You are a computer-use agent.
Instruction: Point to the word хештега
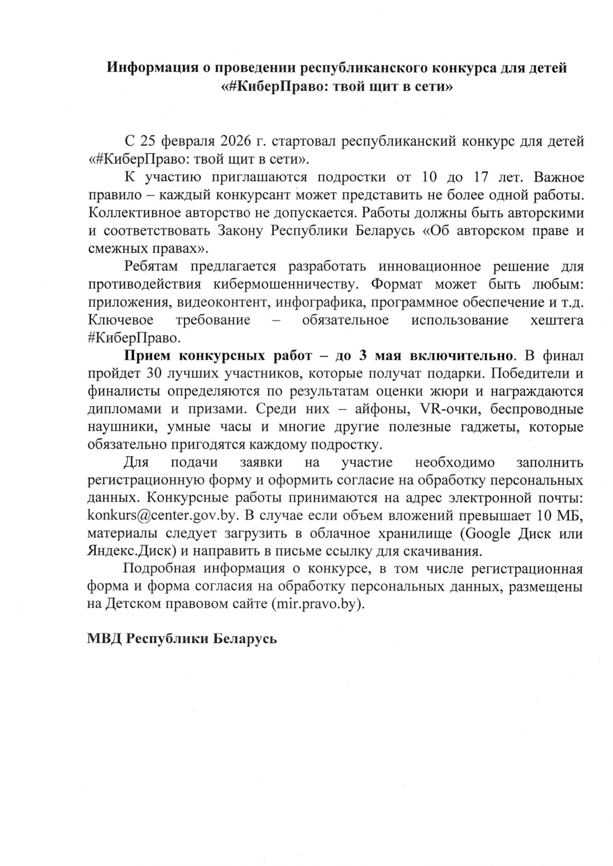557,320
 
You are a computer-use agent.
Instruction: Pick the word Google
486,534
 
